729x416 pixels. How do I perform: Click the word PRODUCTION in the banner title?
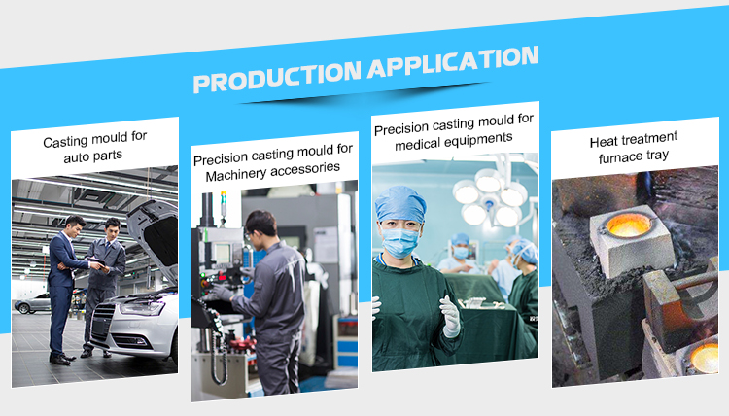[277, 76]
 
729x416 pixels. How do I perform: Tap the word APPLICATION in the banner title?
[453, 62]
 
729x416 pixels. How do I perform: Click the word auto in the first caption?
[77, 158]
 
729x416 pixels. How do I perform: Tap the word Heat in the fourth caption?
[604, 142]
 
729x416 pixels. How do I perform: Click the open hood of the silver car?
[154, 237]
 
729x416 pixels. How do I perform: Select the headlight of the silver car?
[142, 308]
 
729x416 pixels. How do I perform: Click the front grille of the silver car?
[103, 322]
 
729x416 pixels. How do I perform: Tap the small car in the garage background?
[32, 304]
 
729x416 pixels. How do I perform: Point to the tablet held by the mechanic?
[98, 263]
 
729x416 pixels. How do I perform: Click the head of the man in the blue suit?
[75, 225]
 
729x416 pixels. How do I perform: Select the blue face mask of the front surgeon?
[399, 243]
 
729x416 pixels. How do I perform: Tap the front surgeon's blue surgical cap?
[400, 203]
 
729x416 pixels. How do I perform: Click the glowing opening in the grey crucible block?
[629, 225]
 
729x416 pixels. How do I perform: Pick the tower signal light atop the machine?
[224, 203]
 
